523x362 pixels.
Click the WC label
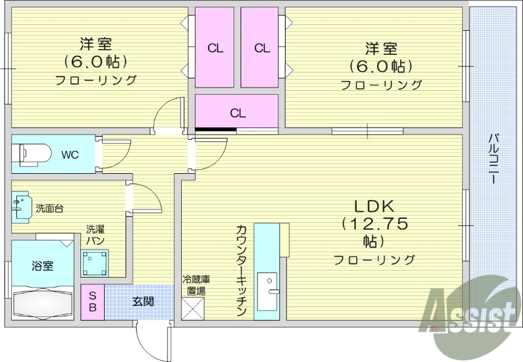(70, 155)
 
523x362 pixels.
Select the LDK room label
(375, 203)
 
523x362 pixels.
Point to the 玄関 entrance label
(143, 301)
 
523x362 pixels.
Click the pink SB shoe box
(92, 301)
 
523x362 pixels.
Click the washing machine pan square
(94, 262)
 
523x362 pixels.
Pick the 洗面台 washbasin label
(50, 208)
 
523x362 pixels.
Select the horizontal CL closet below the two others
(237, 112)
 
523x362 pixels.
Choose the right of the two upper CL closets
(261, 47)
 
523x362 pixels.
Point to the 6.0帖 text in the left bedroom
(95, 62)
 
